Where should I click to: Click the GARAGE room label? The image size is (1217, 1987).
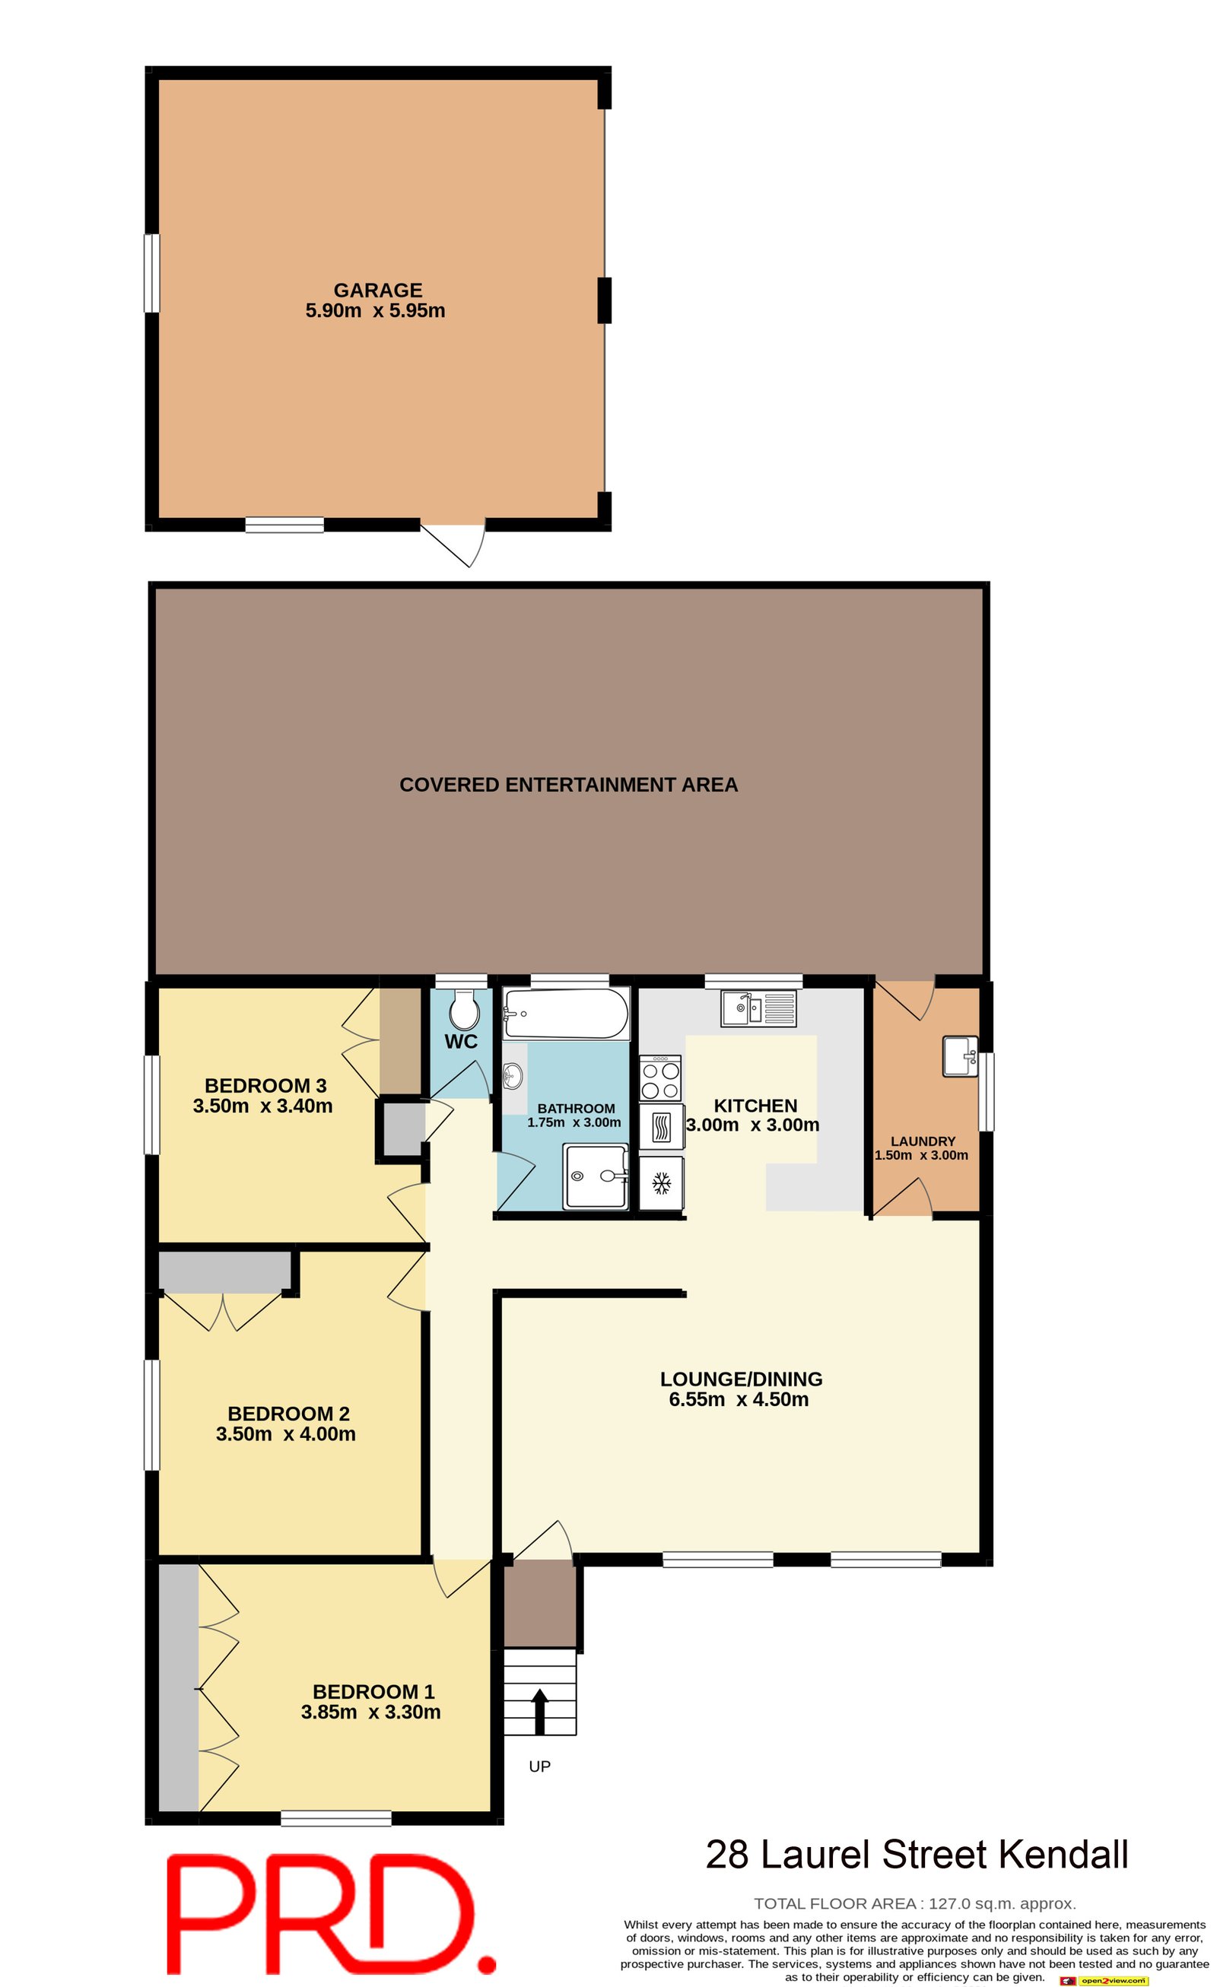click(x=377, y=290)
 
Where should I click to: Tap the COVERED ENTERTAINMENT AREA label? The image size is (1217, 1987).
click(x=569, y=785)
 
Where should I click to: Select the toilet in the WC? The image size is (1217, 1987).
click(x=464, y=1009)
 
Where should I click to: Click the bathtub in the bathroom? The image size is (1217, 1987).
click(x=565, y=1013)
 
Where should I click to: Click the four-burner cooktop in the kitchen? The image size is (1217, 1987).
click(x=660, y=1079)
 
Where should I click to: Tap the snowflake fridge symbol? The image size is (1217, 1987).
click(x=661, y=1183)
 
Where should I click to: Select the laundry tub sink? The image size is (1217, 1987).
click(x=960, y=1056)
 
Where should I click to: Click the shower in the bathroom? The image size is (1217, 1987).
click(x=597, y=1176)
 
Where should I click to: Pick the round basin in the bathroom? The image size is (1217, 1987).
click(x=513, y=1075)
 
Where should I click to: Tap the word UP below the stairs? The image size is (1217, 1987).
click(x=539, y=1766)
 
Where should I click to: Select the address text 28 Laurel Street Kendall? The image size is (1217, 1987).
click(x=917, y=1854)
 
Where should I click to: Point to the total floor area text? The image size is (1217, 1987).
click(x=914, y=1903)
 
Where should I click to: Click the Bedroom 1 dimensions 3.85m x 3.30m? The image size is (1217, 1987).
click(x=371, y=1712)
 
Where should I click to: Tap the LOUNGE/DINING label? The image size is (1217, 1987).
click(x=741, y=1379)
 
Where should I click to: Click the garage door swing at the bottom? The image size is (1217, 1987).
click(x=456, y=545)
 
